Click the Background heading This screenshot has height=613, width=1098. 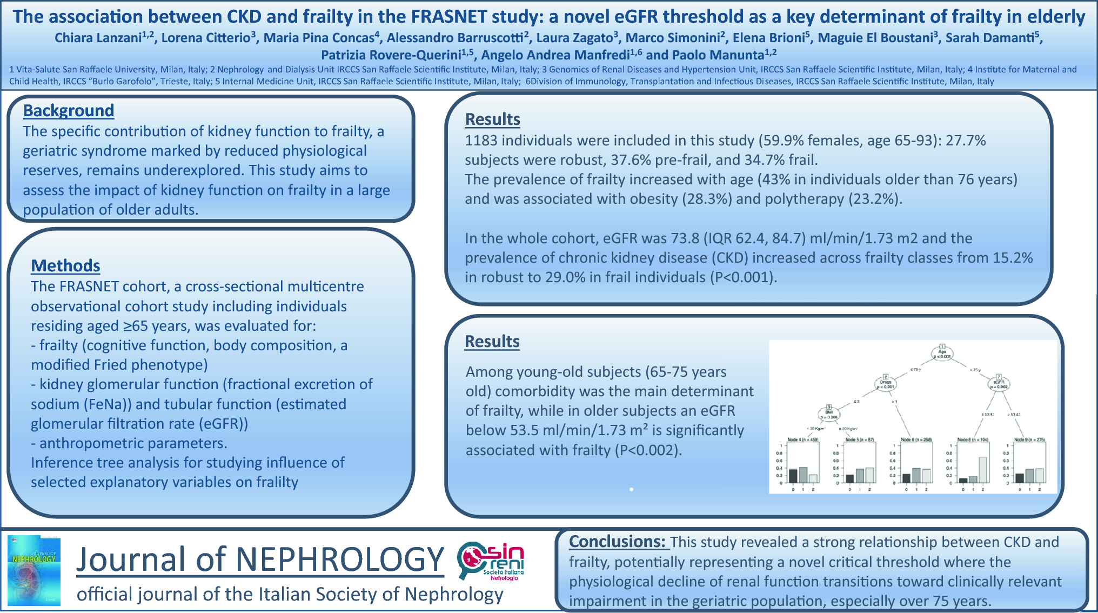point(69,110)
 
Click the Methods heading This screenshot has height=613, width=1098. point(65,265)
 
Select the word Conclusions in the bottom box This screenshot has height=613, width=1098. point(617,542)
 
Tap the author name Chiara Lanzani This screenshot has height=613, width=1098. point(98,38)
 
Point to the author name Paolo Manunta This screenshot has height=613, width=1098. point(718,55)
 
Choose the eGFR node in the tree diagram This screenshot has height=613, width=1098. point(999,383)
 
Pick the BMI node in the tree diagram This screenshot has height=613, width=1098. point(828,414)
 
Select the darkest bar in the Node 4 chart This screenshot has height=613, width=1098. point(793,475)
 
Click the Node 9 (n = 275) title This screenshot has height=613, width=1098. point(1029,439)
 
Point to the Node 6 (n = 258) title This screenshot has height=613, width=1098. point(916,439)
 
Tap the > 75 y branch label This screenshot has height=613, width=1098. point(975,370)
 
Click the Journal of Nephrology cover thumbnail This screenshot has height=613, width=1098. point(34,570)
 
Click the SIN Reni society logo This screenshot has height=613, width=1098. point(491,561)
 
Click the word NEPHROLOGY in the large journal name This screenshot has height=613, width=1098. point(340,559)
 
